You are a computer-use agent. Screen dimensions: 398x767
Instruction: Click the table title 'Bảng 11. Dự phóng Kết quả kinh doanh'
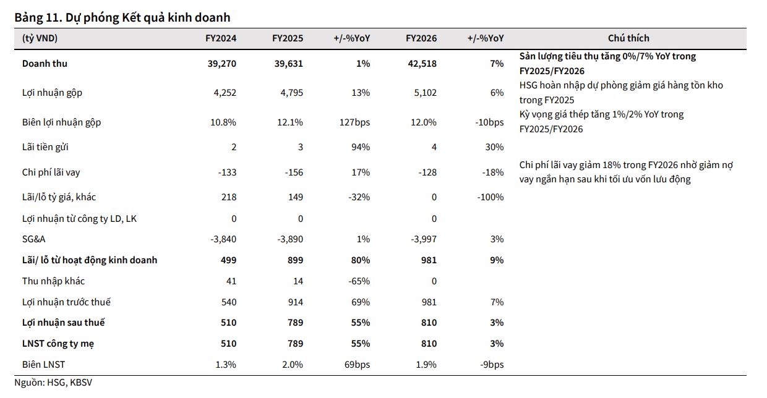point(122,18)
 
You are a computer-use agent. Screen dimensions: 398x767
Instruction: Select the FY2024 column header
point(221,38)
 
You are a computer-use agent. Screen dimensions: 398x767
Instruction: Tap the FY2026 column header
point(421,38)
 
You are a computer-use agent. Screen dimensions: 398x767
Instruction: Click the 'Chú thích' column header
point(628,38)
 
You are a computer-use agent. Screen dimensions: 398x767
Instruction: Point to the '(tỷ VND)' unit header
point(40,38)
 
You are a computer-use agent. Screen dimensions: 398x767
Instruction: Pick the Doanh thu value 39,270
point(223,64)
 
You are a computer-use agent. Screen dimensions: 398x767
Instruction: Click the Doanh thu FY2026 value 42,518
point(423,64)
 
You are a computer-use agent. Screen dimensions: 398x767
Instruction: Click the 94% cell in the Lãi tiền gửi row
point(361,147)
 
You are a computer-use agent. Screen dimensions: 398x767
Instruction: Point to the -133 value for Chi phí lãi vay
point(228,172)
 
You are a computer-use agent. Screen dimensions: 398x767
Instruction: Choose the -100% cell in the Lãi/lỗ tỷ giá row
point(491,197)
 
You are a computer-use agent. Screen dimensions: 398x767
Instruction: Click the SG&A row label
point(35,239)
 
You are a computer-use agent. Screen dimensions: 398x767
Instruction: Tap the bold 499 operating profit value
point(228,260)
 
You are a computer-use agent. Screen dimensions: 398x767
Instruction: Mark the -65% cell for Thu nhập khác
point(359,281)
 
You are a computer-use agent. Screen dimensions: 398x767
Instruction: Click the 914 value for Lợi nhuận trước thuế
point(294,302)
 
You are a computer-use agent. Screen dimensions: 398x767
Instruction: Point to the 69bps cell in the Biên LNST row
point(357,365)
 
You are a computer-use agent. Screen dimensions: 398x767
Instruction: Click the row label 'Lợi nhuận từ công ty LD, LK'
point(79,219)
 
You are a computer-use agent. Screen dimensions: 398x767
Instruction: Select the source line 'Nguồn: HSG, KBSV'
point(53,383)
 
